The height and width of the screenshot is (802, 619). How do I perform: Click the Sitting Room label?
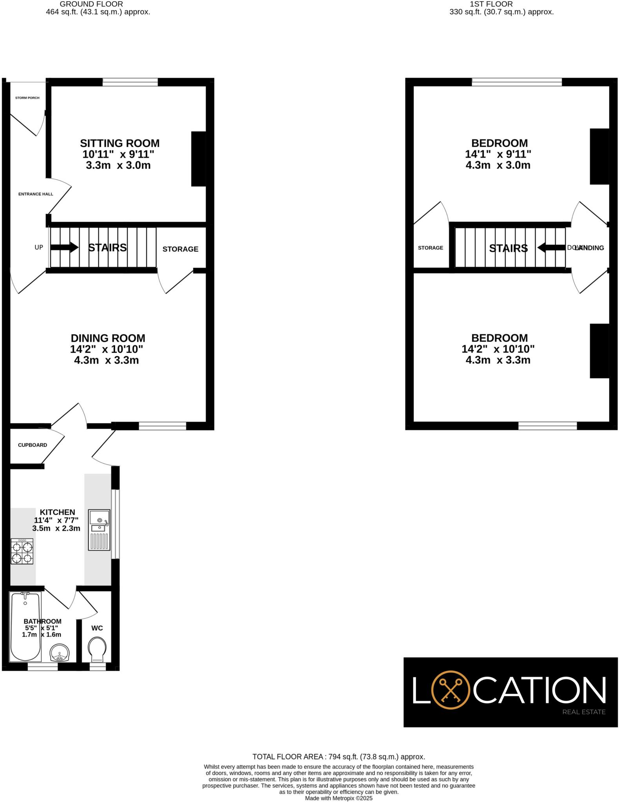tap(119, 143)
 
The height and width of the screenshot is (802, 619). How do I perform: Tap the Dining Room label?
tap(108, 338)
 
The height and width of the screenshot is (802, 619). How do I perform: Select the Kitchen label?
tap(57, 512)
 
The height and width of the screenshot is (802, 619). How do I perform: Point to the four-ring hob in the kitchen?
tap(22, 551)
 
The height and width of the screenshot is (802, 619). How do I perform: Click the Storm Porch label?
tap(27, 98)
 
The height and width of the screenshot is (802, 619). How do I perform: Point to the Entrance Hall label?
tap(36, 194)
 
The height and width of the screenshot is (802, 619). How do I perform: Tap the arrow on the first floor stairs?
tap(551, 247)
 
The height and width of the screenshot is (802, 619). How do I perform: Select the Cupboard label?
tap(33, 445)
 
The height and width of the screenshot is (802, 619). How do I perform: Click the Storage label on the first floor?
tap(431, 248)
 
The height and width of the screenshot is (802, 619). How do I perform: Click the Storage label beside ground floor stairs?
tap(180, 249)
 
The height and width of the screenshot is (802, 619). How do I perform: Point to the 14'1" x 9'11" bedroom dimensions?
tap(498, 154)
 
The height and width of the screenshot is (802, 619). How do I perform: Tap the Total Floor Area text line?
tap(338, 757)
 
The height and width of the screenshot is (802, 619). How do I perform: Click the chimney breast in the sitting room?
tap(198, 159)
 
